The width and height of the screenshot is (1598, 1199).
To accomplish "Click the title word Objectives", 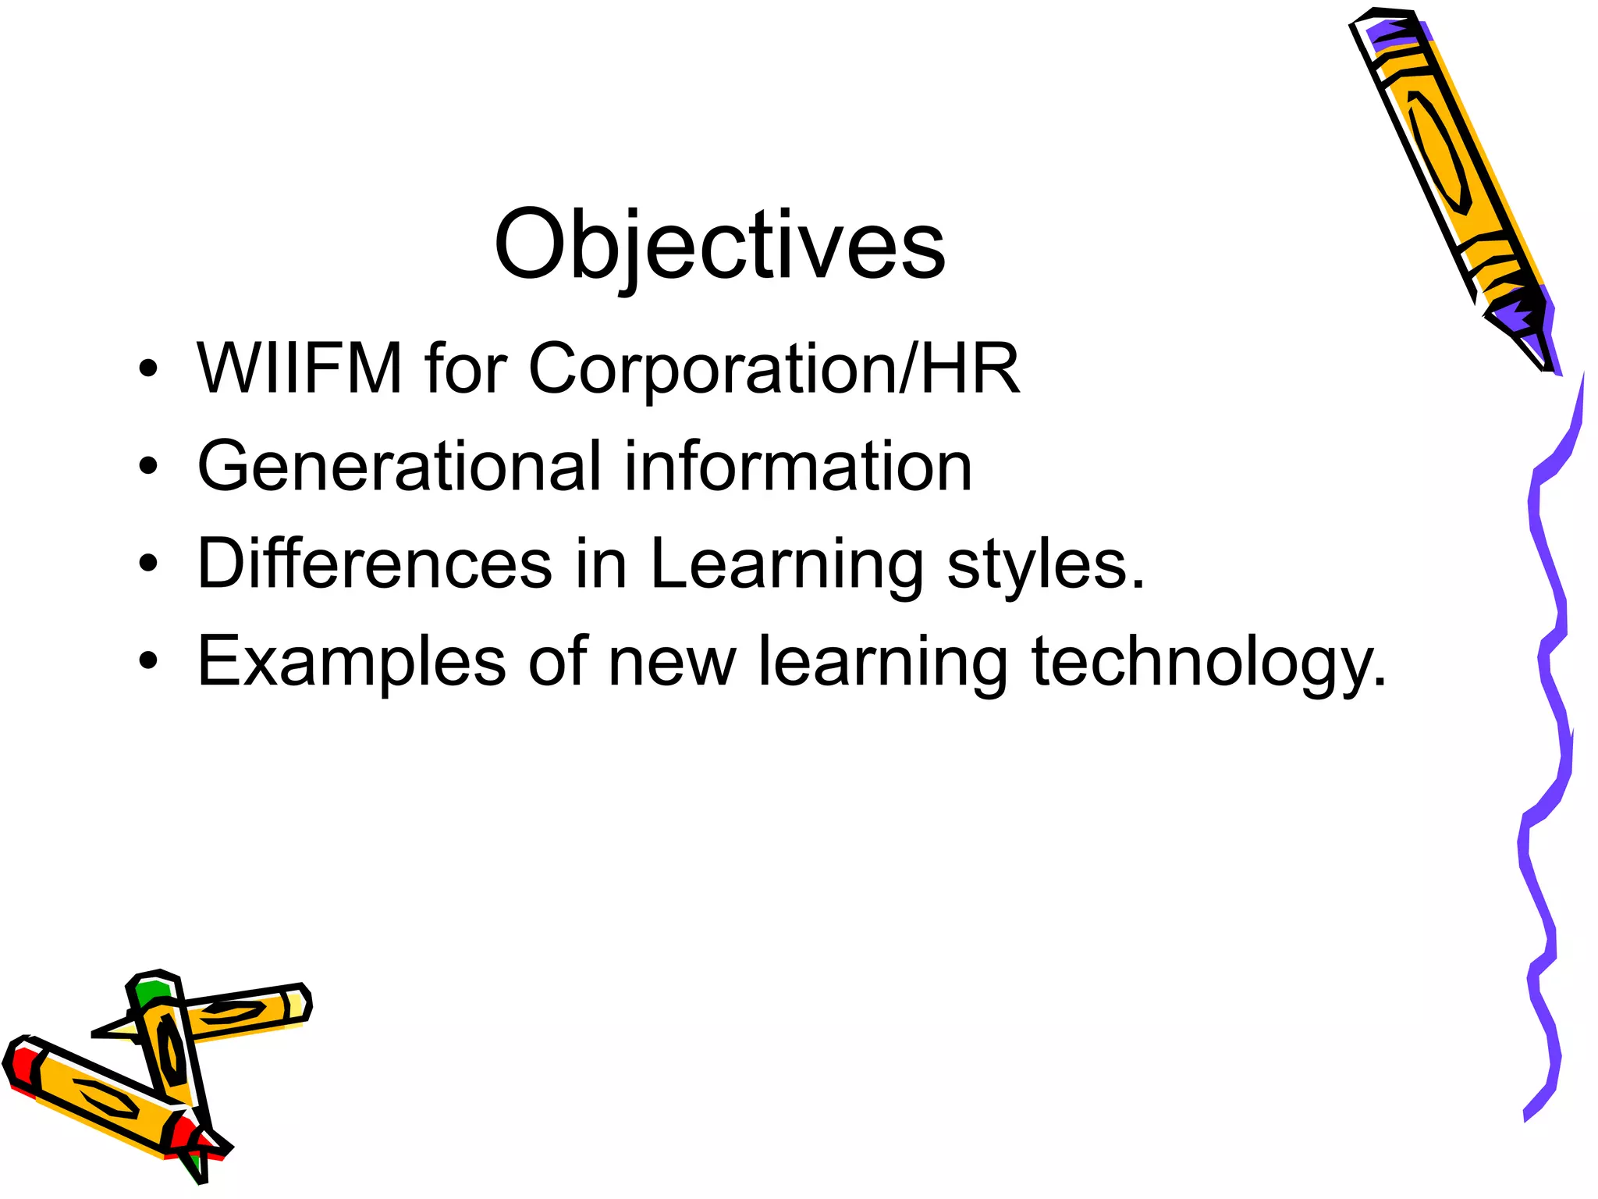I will tap(719, 246).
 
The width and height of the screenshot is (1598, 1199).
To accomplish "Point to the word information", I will tap(797, 466).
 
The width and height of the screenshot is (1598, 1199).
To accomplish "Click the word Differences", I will tap(375, 563).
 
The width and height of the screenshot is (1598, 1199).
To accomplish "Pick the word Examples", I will tap(351, 662).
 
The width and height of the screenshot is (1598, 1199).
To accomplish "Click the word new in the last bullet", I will tap(672, 662).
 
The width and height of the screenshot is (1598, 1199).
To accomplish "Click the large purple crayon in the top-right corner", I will tap(1451, 180).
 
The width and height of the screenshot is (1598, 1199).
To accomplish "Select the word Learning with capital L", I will tap(787, 564).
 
